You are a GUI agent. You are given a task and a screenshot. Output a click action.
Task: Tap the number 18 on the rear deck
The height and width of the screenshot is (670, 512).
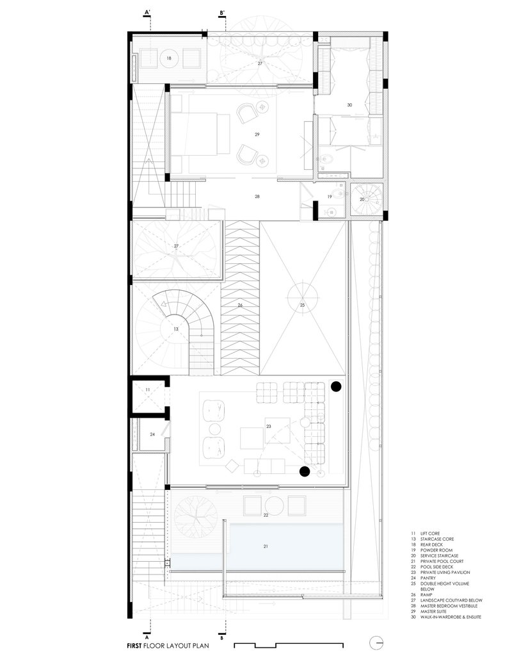(x=169, y=58)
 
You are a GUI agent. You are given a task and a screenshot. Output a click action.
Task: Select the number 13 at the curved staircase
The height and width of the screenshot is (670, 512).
(x=175, y=329)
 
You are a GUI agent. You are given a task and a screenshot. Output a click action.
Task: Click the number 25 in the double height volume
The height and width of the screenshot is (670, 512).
(x=303, y=306)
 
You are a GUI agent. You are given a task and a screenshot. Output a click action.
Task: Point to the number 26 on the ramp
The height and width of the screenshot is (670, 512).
(x=240, y=306)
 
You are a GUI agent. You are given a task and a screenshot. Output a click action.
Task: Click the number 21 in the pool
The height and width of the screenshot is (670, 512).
(x=266, y=546)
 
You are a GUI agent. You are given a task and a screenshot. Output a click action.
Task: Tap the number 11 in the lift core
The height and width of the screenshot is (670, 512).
(x=147, y=389)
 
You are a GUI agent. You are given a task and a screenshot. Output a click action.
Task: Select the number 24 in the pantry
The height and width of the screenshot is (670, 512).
(x=152, y=434)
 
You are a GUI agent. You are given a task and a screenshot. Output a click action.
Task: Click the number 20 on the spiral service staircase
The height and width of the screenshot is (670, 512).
(x=362, y=199)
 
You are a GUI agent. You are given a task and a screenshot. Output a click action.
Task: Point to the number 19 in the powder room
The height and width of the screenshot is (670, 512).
(x=329, y=197)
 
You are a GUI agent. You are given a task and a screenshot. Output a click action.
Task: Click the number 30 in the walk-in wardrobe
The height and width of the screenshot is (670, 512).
(x=349, y=104)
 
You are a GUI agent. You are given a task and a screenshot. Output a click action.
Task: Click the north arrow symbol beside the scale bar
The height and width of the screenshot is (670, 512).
(x=378, y=643)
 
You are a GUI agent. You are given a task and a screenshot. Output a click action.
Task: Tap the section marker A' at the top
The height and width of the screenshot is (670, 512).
(x=148, y=12)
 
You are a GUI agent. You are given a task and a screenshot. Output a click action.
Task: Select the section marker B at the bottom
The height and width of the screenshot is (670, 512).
(x=221, y=638)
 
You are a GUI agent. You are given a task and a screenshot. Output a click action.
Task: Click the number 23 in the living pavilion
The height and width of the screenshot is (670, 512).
(x=269, y=426)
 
